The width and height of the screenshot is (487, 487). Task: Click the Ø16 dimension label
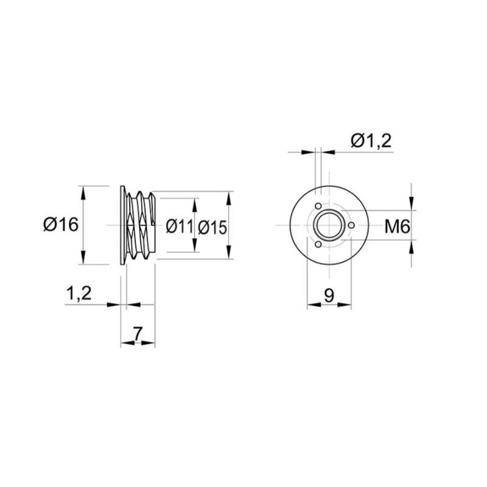(x=61, y=225)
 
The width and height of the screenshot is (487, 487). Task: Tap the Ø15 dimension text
(x=212, y=227)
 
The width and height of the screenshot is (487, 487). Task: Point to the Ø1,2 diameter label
(x=371, y=141)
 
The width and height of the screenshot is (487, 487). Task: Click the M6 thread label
(x=398, y=226)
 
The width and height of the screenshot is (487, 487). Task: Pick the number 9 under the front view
(x=329, y=295)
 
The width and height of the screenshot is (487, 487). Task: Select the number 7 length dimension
(x=138, y=334)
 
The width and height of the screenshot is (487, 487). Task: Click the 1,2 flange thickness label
(x=79, y=293)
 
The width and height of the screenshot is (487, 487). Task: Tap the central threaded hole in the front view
(x=329, y=225)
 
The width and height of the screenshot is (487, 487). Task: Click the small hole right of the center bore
(x=352, y=225)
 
